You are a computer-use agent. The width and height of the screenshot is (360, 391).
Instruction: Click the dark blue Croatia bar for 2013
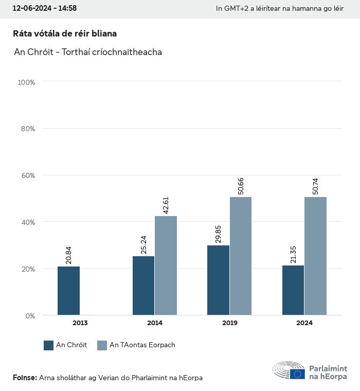click(68, 291)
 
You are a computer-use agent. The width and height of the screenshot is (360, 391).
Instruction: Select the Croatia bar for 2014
click(143, 286)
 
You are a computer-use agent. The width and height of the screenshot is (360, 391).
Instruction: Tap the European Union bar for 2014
click(166, 265)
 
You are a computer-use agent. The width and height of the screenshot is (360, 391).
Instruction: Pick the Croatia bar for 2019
click(218, 280)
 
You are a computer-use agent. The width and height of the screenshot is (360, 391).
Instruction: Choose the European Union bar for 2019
click(241, 256)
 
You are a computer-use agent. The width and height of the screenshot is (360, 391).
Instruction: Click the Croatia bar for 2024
click(293, 290)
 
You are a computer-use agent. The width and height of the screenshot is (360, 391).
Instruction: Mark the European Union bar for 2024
click(315, 256)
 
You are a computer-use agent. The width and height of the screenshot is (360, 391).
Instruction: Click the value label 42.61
click(166, 204)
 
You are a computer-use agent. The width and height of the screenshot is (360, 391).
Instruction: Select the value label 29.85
click(218, 234)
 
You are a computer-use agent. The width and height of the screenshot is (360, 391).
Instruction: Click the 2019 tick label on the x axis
click(229, 323)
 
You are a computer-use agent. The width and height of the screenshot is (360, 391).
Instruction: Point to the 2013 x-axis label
click(80, 323)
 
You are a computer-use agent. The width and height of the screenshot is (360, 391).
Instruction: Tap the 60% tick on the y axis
click(27, 175)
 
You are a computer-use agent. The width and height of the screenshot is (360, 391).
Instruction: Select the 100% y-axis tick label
click(26, 82)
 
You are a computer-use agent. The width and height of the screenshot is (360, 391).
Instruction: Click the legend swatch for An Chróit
click(49, 345)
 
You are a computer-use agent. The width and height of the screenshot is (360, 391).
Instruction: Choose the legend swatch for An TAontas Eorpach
click(102, 345)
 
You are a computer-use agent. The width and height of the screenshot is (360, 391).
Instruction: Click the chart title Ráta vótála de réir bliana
click(65, 33)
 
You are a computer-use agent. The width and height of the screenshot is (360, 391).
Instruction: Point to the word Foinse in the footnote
click(24, 378)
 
